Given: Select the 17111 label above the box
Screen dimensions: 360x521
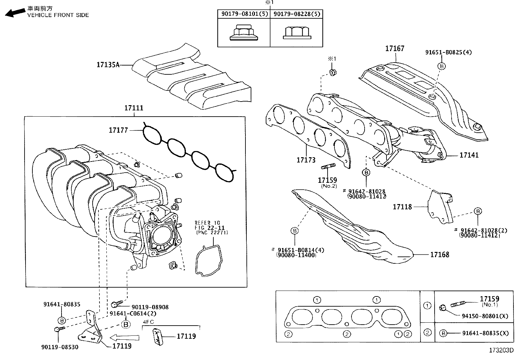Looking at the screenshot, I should pos(134,108).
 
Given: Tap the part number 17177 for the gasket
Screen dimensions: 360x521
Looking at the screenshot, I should pos(118,130).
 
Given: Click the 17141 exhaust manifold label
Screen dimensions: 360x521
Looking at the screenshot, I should pos(469,155).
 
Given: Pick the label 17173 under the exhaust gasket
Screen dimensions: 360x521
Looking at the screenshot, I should pos(306,160).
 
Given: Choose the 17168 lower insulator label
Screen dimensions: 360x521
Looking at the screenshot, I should pos(440,255).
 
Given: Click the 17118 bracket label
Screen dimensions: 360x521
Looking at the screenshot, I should pos(402,207).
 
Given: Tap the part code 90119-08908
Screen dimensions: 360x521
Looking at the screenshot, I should pos(150,307).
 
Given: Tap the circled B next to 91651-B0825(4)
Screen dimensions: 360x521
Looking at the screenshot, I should pos(441,66).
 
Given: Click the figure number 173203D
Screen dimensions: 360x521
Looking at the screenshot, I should pos(501,351).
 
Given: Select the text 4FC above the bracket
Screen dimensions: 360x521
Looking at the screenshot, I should pos(148,322).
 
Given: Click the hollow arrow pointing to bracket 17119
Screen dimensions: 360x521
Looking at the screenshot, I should pos(124,337).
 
